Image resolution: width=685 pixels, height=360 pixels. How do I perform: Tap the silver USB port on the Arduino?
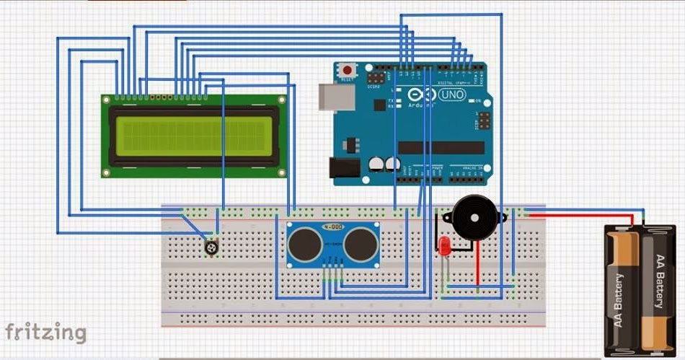pyautogui.click(x=330, y=97)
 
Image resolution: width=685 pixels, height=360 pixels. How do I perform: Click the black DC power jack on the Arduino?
pyautogui.click(x=343, y=168)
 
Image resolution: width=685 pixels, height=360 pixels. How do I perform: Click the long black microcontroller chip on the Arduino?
pyautogui.click(x=441, y=147)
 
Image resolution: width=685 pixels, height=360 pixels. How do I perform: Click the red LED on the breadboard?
pyautogui.click(x=444, y=247)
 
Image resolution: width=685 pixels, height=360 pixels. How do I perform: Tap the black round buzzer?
pyautogui.click(x=472, y=215)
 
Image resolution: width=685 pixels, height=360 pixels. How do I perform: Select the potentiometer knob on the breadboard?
pyautogui.click(x=211, y=248)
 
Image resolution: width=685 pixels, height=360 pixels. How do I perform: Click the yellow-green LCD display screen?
pyautogui.click(x=194, y=136)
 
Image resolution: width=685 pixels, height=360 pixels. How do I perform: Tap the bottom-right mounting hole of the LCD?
pyautogui.click(x=281, y=172)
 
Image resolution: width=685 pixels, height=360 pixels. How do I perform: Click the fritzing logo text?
pyautogui.click(x=45, y=333)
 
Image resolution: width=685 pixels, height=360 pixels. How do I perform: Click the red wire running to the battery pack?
pyautogui.click(x=577, y=213)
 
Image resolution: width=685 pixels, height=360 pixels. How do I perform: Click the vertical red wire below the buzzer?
pyautogui.click(x=476, y=263)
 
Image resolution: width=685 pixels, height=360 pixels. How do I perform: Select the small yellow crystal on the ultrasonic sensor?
pyautogui.click(x=332, y=227)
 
